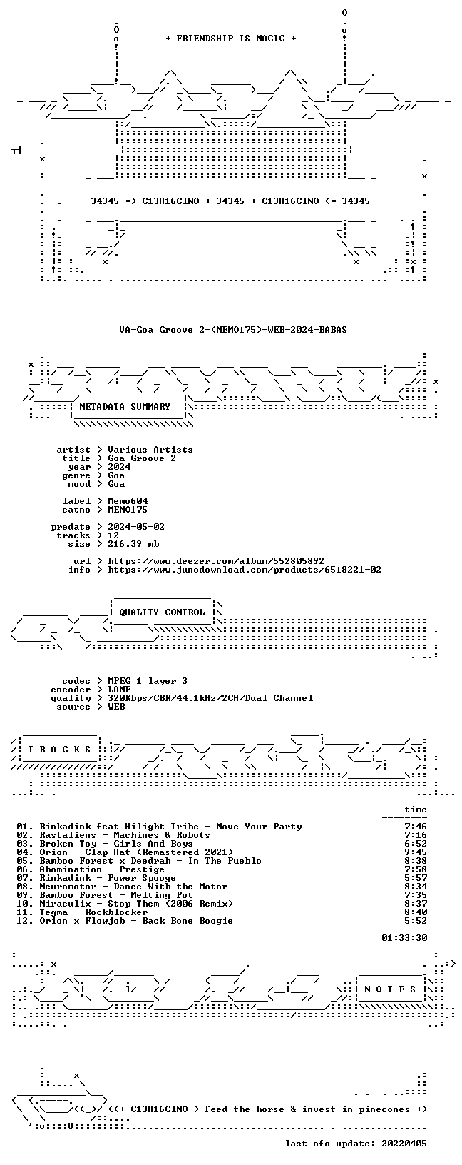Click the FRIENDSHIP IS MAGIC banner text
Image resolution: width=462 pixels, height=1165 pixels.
pyautogui.click(x=231, y=39)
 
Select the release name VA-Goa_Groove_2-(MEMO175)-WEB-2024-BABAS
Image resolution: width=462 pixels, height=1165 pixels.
pyautogui.click(x=233, y=329)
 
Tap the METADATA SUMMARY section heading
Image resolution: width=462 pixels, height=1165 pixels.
pyautogui.click(x=125, y=407)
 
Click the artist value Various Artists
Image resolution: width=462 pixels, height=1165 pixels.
pyautogui.click(x=150, y=449)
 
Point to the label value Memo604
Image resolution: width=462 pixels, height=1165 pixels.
pyautogui.click(x=128, y=501)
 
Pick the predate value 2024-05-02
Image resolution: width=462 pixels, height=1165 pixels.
pyautogui.click(x=136, y=526)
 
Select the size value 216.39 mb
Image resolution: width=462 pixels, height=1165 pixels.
pyautogui.click(x=133, y=543)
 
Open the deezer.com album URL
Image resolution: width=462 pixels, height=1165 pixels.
pyautogui.click(x=215, y=560)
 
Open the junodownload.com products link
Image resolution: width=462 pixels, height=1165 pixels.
pyautogui.click(x=245, y=570)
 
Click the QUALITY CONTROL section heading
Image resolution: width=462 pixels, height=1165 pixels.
pyautogui.click(x=162, y=612)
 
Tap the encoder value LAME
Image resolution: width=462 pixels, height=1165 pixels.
pyautogui.click(x=119, y=689)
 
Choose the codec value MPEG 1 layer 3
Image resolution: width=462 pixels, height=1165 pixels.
pyautogui.click(x=148, y=681)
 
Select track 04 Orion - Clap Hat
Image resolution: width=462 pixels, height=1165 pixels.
pyautogui.click(x=125, y=852)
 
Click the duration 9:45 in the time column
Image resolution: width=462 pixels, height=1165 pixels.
pyautogui.click(x=416, y=852)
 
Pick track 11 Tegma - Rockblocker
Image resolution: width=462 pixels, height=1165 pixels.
pyautogui.click(x=82, y=912)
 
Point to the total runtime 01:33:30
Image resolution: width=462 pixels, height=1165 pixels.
pyautogui.click(x=404, y=937)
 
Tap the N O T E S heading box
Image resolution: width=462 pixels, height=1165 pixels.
pyautogui.click(x=390, y=989)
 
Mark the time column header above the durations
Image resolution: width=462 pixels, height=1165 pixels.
pyautogui.click(x=416, y=810)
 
